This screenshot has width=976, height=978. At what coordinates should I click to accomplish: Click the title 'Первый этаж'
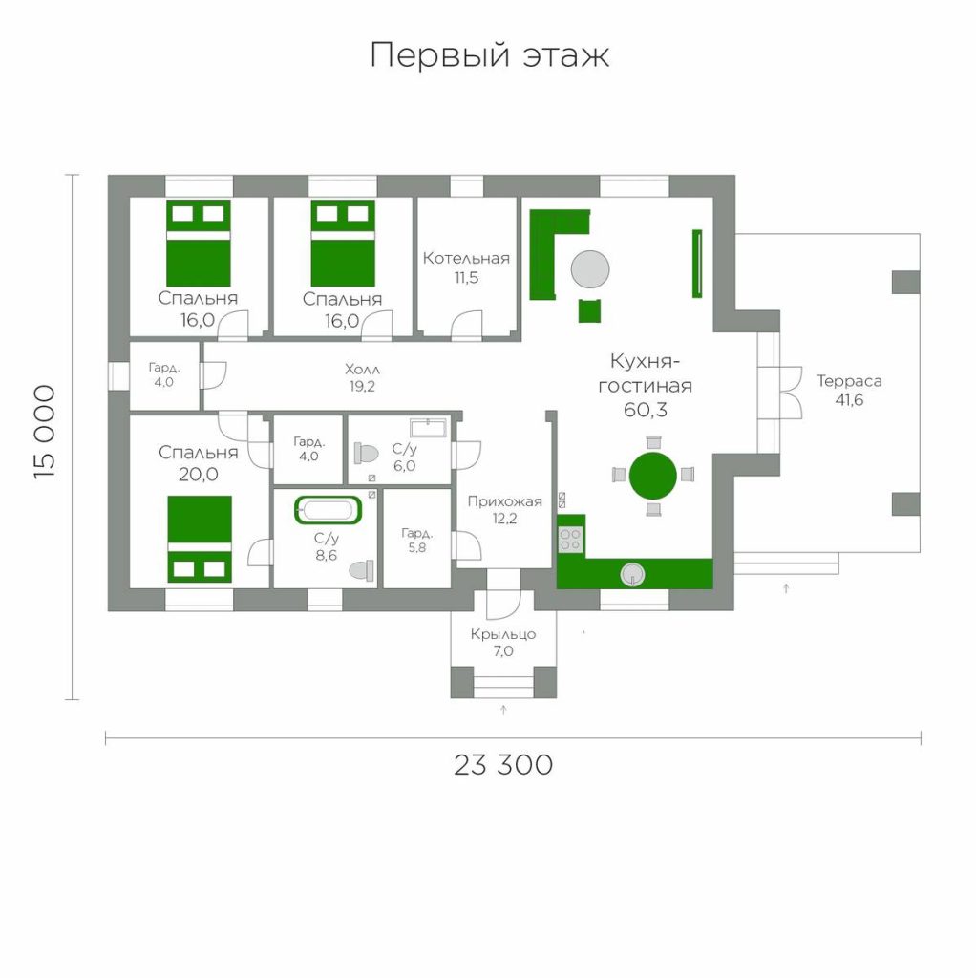tap(490, 55)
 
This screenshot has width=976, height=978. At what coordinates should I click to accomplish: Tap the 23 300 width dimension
tap(503, 765)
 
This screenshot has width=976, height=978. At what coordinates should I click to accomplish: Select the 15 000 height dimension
tap(45, 432)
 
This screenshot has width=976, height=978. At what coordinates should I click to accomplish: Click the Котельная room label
tap(466, 258)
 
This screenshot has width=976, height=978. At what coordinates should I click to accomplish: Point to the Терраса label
tap(849, 381)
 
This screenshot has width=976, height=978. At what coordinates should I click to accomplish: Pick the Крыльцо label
tap(503, 634)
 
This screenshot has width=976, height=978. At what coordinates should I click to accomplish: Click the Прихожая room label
tap(504, 501)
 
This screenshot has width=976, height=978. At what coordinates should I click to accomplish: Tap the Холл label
tap(362, 370)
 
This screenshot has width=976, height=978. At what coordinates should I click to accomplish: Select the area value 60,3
tap(646, 410)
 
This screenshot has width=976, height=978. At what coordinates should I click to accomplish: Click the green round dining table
tap(652, 476)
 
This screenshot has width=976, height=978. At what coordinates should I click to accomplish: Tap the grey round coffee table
tap(590, 268)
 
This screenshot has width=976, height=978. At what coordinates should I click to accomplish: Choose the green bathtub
tap(328, 510)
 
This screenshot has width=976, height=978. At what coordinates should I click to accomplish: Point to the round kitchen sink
tap(632, 575)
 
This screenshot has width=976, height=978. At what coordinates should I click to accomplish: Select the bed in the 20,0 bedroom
tap(200, 540)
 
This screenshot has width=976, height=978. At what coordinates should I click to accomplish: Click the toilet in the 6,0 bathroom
tap(366, 454)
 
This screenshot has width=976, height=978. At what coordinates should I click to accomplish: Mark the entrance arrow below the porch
tap(503, 710)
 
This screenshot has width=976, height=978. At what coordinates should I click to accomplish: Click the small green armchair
tap(589, 310)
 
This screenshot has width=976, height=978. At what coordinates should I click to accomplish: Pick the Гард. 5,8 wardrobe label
tap(417, 541)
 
